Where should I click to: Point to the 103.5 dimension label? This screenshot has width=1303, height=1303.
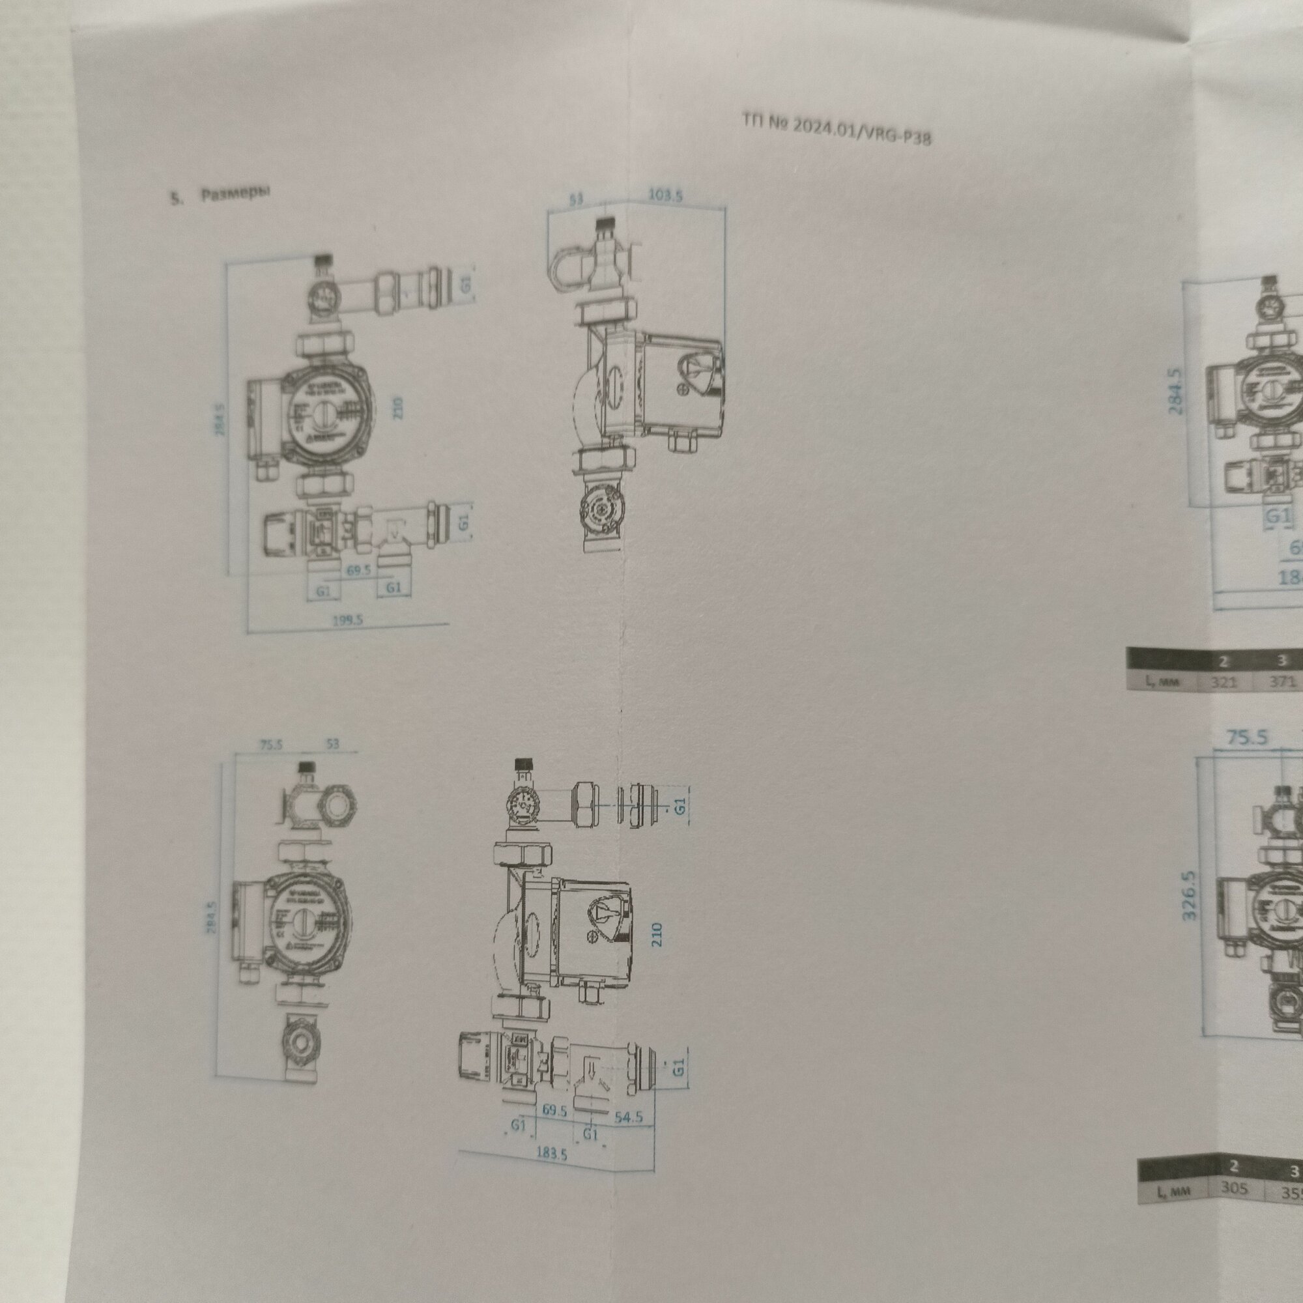(665, 195)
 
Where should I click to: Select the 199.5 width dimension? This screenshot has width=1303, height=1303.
(347, 619)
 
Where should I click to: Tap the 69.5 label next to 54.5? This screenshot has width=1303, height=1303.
(554, 1110)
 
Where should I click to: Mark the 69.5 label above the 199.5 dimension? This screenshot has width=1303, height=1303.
(359, 570)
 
